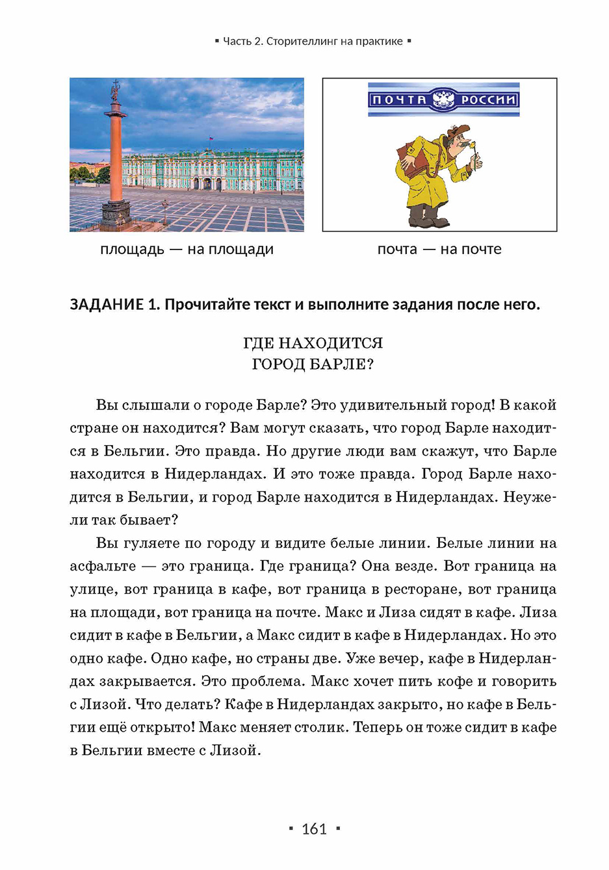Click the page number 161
coord(314,828)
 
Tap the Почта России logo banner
coord(443,99)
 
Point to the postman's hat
coord(455,131)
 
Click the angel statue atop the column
coord(116,88)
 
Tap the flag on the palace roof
coord(211,139)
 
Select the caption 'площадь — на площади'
coord(187,249)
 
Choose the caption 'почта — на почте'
coord(439,249)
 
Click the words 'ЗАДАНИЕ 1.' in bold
coord(114,304)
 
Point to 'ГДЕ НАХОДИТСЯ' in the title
coord(313,342)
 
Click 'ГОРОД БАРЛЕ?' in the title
coord(313,364)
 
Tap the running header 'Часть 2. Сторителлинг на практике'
coord(313,41)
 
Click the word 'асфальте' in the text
coord(103,566)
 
